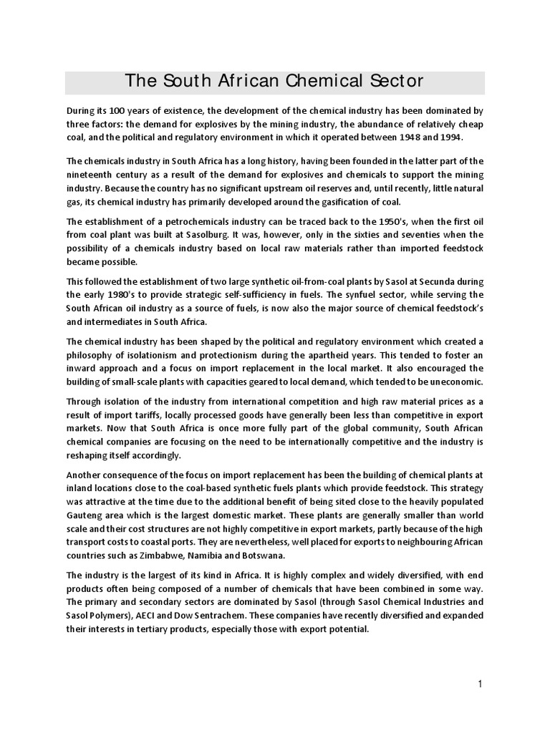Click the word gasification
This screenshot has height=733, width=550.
369,201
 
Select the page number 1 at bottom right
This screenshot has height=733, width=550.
480,684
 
